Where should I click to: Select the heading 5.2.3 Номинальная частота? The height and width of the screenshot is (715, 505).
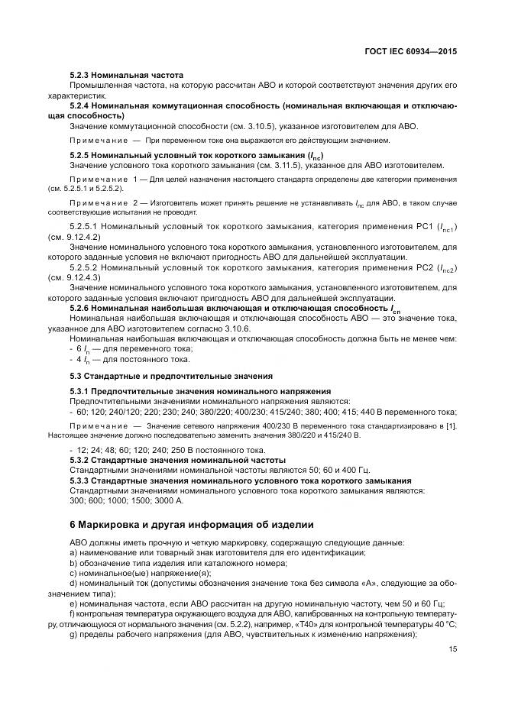point(126,76)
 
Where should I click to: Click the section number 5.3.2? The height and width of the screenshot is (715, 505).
point(83,460)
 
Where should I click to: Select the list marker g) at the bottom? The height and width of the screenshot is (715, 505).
point(73,635)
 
